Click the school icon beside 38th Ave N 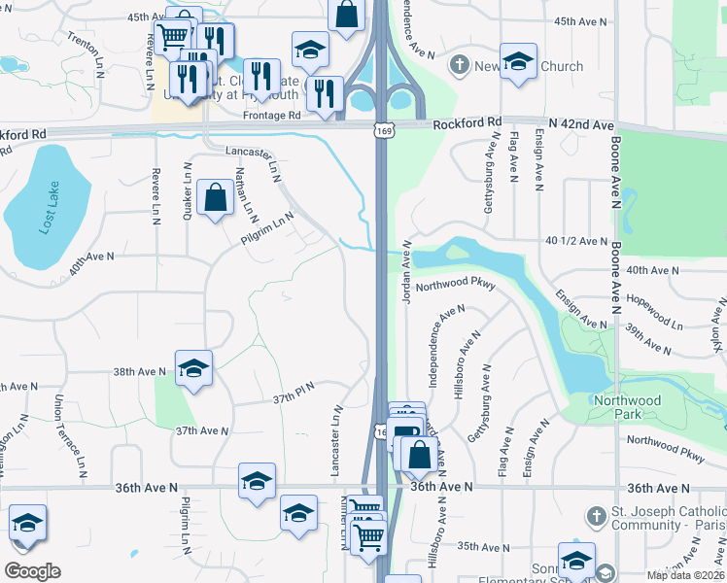pos(193,368)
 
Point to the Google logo pos(32,571)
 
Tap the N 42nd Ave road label pos(581,124)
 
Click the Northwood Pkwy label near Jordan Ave pos(456,287)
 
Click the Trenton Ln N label pos(87,48)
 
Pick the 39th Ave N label pos(651,332)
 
